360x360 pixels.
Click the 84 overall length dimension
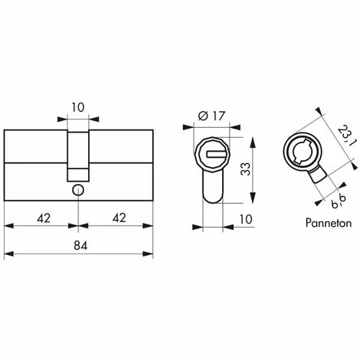(80, 246)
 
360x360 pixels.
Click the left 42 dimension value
(44, 218)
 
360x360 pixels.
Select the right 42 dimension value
(119, 218)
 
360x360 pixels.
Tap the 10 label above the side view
(77, 107)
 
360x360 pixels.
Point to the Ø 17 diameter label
(211, 116)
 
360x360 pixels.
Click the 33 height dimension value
(246, 169)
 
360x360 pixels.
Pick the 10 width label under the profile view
(246, 219)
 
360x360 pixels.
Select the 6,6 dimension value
(339, 201)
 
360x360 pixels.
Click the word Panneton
(329, 223)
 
